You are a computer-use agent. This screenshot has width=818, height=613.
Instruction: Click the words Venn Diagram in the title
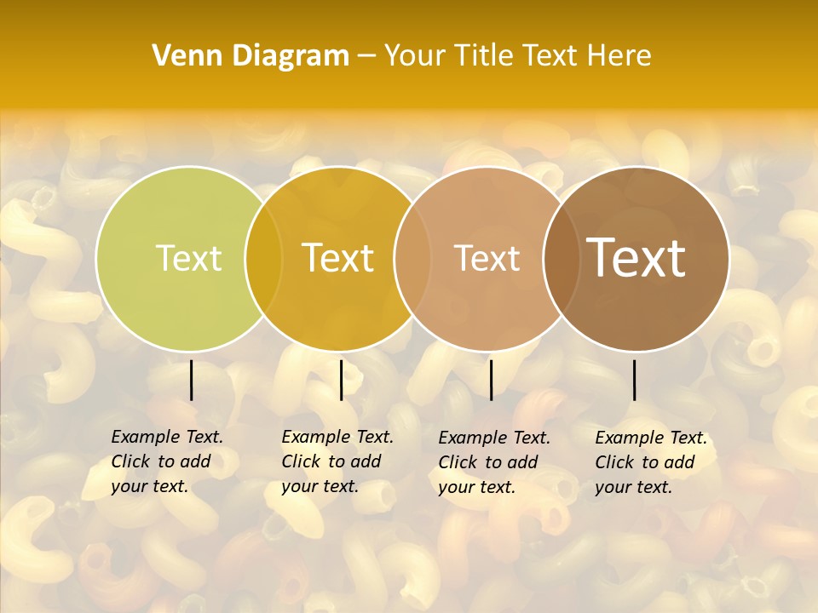tap(251, 56)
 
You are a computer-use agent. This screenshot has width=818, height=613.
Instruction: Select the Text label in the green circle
tap(188, 258)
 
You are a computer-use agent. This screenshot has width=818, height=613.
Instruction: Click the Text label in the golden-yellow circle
tap(337, 258)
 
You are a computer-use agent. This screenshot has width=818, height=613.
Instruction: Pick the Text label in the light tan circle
tap(487, 258)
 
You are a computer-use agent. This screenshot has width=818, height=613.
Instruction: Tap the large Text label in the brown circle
tap(637, 258)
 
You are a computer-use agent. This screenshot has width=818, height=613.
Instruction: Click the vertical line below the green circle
tap(191, 380)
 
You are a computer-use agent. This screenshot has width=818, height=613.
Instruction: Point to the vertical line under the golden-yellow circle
tap(341, 380)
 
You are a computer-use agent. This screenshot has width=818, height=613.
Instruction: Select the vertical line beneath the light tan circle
tap(491, 380)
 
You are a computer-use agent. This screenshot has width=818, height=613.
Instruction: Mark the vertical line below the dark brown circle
tap(634, 380)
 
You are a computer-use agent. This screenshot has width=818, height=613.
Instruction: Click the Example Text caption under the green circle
tap(166, 461)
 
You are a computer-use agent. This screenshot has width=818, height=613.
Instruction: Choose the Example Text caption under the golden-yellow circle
tap(337, 461)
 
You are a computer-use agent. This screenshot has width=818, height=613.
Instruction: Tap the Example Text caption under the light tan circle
tap(493, 462)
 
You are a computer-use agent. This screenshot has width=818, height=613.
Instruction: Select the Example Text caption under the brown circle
tap(650, 462)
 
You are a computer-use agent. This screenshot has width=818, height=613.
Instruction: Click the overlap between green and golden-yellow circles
tap(263, 259)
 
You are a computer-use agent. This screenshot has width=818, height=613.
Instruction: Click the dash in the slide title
tap(366, 56)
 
